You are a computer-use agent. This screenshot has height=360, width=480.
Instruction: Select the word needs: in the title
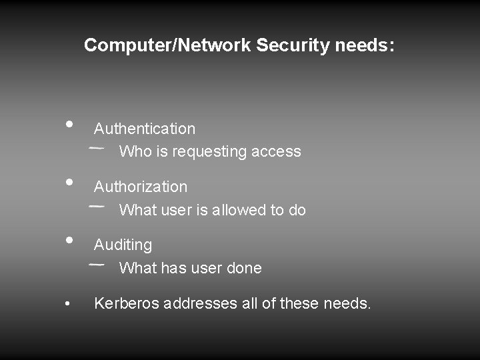click(364, 45)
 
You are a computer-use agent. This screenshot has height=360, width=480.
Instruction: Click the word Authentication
click(145, 129)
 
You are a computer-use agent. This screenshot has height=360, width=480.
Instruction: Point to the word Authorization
click(141, 187)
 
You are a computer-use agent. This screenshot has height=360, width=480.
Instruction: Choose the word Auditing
click(123, 245)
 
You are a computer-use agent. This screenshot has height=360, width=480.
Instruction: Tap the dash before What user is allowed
click(96, 206)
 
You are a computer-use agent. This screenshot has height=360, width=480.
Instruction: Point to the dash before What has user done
click(96, 264)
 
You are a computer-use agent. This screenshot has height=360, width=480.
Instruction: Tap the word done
click(243, 268)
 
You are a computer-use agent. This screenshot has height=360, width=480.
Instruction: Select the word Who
click(135, 151)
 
